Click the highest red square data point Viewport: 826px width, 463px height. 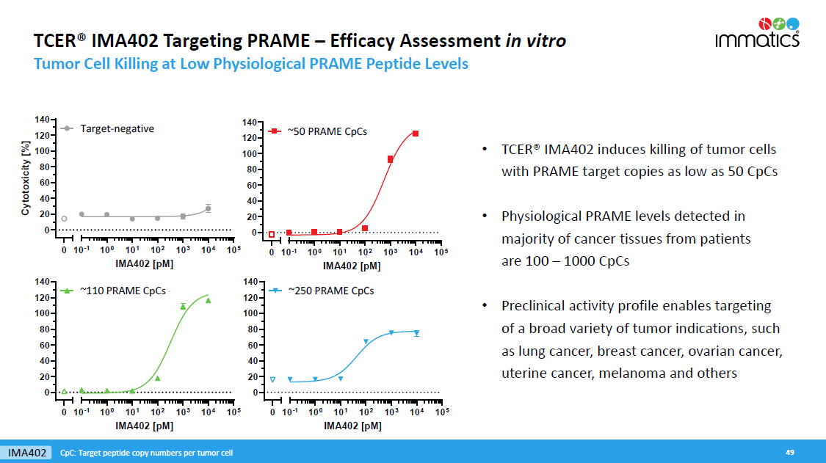416,134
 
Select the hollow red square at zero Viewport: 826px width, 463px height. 272,235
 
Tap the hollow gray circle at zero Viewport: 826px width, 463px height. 64,219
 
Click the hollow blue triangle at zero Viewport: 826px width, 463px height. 272,379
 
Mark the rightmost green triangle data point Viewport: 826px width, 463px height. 209,300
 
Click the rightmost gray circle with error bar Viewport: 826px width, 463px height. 209,208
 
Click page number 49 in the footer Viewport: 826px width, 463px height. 790,452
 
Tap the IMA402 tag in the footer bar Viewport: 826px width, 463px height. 27,452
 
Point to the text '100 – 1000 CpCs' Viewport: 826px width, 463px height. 565,261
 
